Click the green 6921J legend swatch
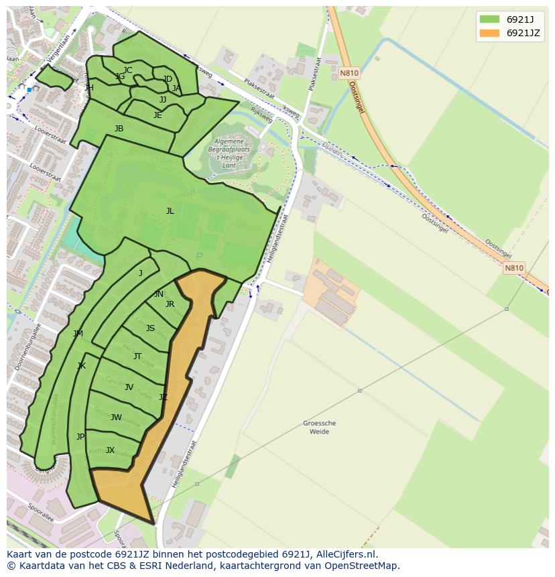pos(489,19)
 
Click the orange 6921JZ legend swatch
pos(489,33)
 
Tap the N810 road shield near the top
pos(349,73)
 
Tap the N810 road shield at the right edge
pos(514,268)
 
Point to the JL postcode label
pos(170,211)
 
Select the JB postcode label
pos(119,129)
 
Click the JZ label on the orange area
pos(163,397)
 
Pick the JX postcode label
pos(111,450)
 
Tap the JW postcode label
pos(116,418)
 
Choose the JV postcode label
pos(129,387)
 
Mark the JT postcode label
pos(137,357)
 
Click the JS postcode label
pos(150,328)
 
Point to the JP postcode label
pos(80,437)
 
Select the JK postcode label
pos(82,366)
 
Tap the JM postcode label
pos(78,334)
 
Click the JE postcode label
pos(158,115)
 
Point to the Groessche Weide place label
pos(320,428)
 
